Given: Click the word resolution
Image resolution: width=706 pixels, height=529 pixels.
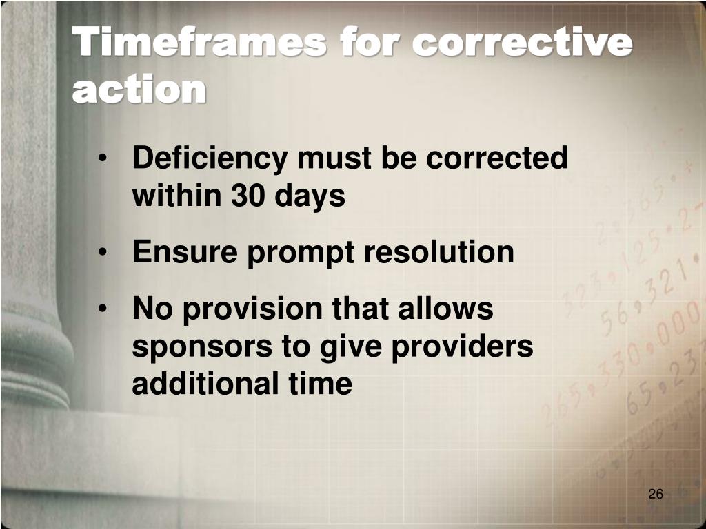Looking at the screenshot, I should pyautogui.click(x=438, y=252).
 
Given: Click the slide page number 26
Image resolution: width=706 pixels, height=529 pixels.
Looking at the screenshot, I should pyautogui.click(x=656, y=495).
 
